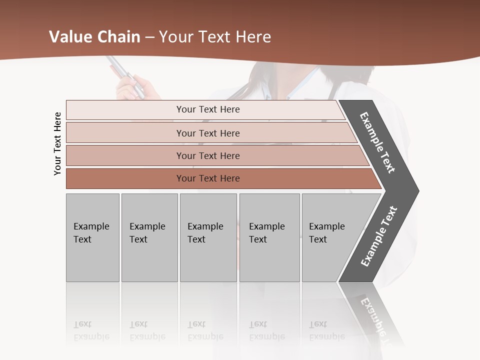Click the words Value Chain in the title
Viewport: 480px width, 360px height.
(94, 37)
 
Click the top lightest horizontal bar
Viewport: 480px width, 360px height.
(125, 110)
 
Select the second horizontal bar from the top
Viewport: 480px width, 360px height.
(125, 133)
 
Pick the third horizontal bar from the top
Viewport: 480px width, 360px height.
(125, 155)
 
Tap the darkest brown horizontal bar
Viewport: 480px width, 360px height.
(125, 178)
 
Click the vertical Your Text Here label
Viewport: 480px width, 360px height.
(57, 143)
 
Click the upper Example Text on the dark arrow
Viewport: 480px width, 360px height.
(377, 142)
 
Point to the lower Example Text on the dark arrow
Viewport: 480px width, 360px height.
(379, 236)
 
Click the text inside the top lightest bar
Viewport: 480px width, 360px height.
(208, 109)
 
